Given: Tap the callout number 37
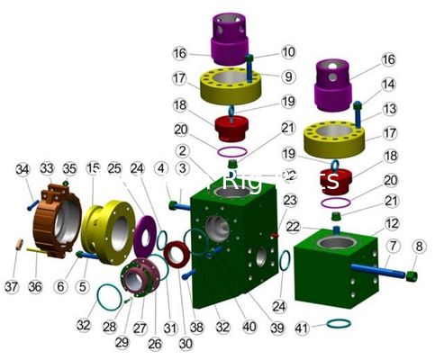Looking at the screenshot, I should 12,286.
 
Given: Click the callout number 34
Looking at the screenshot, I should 23,168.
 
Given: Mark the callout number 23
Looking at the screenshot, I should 289,200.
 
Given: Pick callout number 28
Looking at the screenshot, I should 109,326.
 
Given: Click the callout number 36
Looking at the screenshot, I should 36,286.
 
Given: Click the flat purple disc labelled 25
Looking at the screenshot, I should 141,235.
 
